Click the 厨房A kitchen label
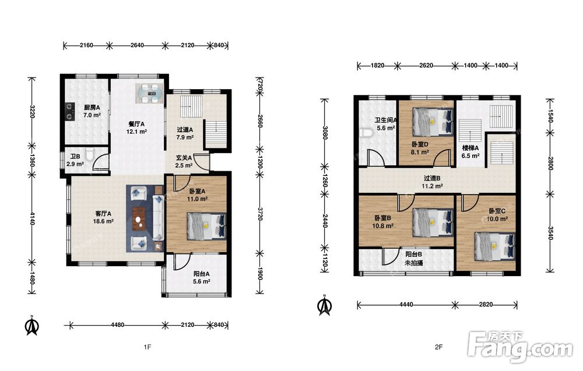tap(92, 107)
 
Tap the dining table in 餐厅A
tap(149, 94)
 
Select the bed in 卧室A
tap(207, 226)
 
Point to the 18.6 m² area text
tap(103, 221)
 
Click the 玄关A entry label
tap(184, 158)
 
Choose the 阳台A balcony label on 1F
tap(202, 274)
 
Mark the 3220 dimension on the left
tap(32, 111)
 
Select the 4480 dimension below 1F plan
tap(118, 325)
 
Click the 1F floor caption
tap(147, 347)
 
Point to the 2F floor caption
tap(439, 347)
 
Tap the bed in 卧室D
tap(433, 122)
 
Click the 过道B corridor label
tap(431, 178)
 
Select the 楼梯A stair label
tap(470, 148)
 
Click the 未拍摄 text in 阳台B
tap(413, 263)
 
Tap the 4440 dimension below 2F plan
tap(406, 305)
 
